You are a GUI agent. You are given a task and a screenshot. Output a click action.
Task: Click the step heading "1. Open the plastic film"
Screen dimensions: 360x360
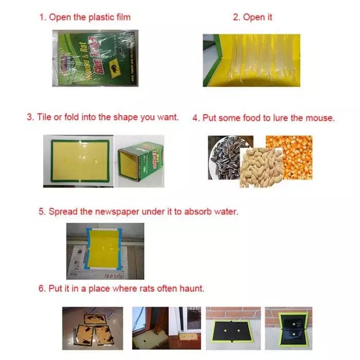coord(85,17)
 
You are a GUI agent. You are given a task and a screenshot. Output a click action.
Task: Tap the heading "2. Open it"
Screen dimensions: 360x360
coord(253,17)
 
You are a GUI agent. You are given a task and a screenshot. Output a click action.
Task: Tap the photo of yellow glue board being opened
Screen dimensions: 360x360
coord(251,60)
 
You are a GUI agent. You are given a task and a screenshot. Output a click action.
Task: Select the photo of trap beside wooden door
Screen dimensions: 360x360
coord(166,328)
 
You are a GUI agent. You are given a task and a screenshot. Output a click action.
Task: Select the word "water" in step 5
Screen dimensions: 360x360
coord(226,211)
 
